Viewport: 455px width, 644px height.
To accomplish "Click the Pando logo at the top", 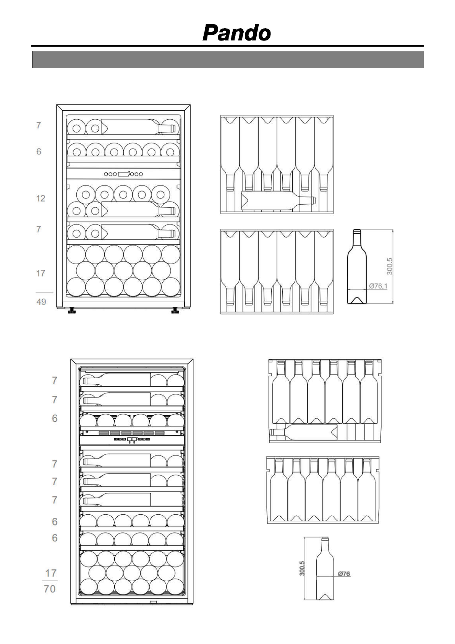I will [236, 33].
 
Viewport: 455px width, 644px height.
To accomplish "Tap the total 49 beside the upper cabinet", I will [41, 302].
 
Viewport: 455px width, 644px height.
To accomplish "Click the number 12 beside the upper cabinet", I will [40, 198].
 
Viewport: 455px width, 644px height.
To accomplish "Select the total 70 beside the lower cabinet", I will [50, 589].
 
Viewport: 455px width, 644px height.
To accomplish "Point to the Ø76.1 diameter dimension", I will [378, 286].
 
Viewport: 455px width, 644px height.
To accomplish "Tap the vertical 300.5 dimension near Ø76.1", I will [390, 266].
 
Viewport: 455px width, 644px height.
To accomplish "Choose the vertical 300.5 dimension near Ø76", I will [302, 568].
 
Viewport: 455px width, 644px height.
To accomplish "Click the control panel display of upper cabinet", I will [123, 174].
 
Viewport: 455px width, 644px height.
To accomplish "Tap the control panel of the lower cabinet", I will [132, 439].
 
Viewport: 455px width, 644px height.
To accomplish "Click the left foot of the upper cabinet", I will [71, 311].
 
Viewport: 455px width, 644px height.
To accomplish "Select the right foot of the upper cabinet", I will [175, 311].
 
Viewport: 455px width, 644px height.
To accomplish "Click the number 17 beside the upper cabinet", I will [40, 273].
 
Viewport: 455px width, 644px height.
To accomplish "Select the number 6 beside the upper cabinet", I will [39, 152].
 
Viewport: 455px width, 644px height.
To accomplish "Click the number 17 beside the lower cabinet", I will [51, 573].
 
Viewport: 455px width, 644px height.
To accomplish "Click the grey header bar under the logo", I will [228, 59].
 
